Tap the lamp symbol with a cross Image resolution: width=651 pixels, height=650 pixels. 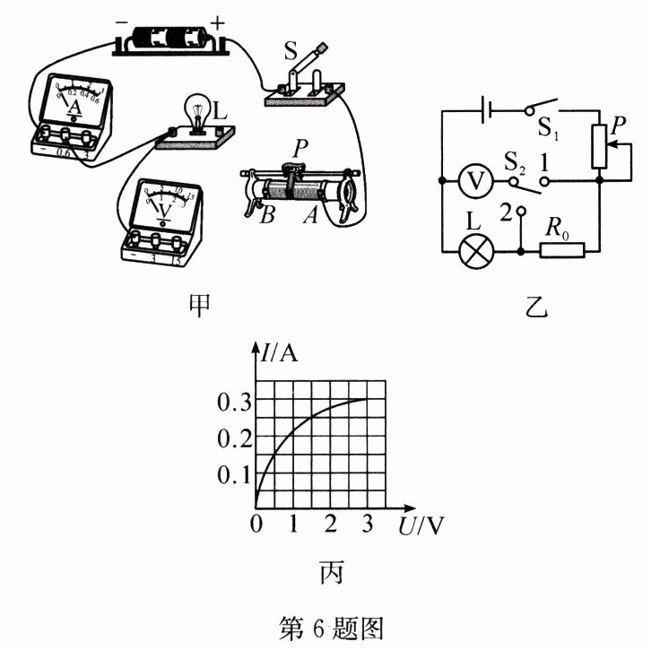(x=473, y=250)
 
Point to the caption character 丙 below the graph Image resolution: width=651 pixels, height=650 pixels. (x=329, y=569)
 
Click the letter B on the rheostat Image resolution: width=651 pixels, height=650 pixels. (x=265, y=217)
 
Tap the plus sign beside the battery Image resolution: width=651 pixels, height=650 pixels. (x=218, y=20)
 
